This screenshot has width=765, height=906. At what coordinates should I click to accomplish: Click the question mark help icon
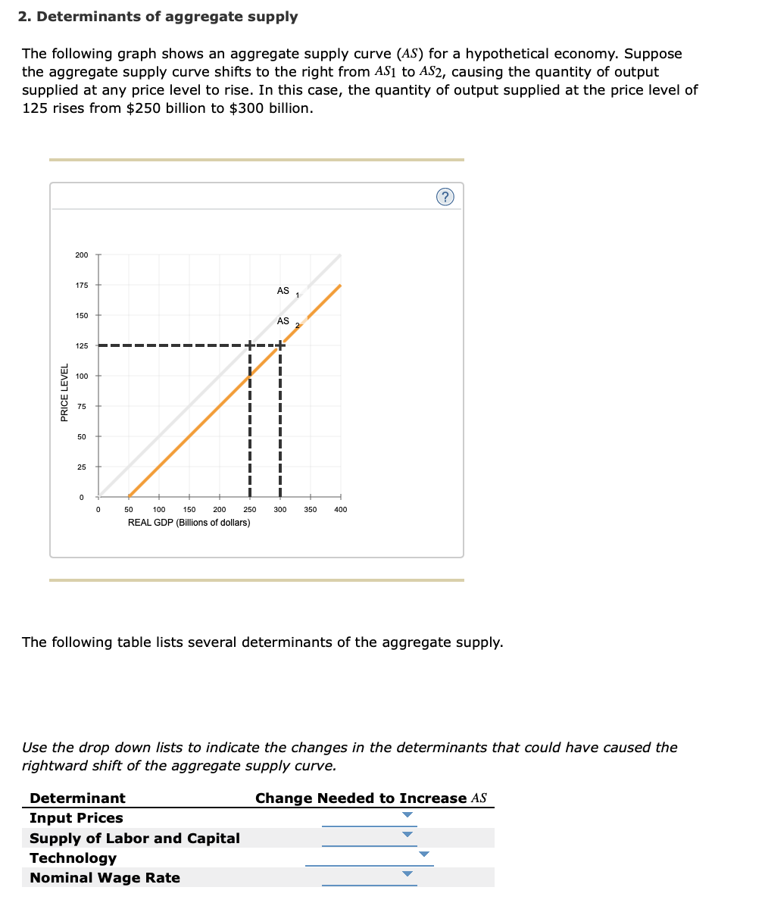point(445,197)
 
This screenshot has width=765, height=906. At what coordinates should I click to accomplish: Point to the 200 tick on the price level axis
point(82,255)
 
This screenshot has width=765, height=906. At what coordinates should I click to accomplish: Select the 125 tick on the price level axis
point(82,346)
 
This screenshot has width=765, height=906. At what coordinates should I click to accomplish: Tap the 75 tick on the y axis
point(82,407)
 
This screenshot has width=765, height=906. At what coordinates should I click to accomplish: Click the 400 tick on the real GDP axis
point(340,510)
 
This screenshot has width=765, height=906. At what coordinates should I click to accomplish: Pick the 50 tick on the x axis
point(129,510)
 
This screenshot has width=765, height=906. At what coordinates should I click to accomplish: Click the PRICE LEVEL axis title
point(65,393)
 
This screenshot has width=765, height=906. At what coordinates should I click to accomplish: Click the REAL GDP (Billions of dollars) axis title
point(189,523)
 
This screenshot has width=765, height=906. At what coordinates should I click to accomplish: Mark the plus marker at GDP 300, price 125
point(280,345)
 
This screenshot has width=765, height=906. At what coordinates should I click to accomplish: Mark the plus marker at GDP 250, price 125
point(250,345)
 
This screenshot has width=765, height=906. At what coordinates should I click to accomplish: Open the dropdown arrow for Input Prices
point(407,815)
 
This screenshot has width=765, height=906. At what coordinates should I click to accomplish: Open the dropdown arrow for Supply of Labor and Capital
point(407,835)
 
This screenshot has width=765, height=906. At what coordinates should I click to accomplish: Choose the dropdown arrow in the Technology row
point(424,854)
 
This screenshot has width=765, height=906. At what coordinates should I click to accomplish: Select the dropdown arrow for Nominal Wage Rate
point(407,874)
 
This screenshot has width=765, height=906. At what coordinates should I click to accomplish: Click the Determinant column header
point(77,798)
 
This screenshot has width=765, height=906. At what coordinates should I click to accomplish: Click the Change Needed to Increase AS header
point(370,798)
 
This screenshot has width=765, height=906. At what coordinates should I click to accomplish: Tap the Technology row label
point(73,858)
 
